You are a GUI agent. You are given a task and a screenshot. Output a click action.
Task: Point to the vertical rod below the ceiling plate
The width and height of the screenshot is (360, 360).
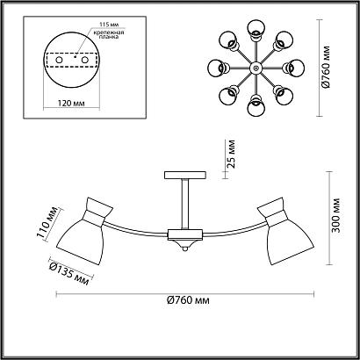tap(184, 203)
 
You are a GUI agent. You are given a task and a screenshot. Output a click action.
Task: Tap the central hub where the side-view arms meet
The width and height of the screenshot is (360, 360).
tap(184, 234)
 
